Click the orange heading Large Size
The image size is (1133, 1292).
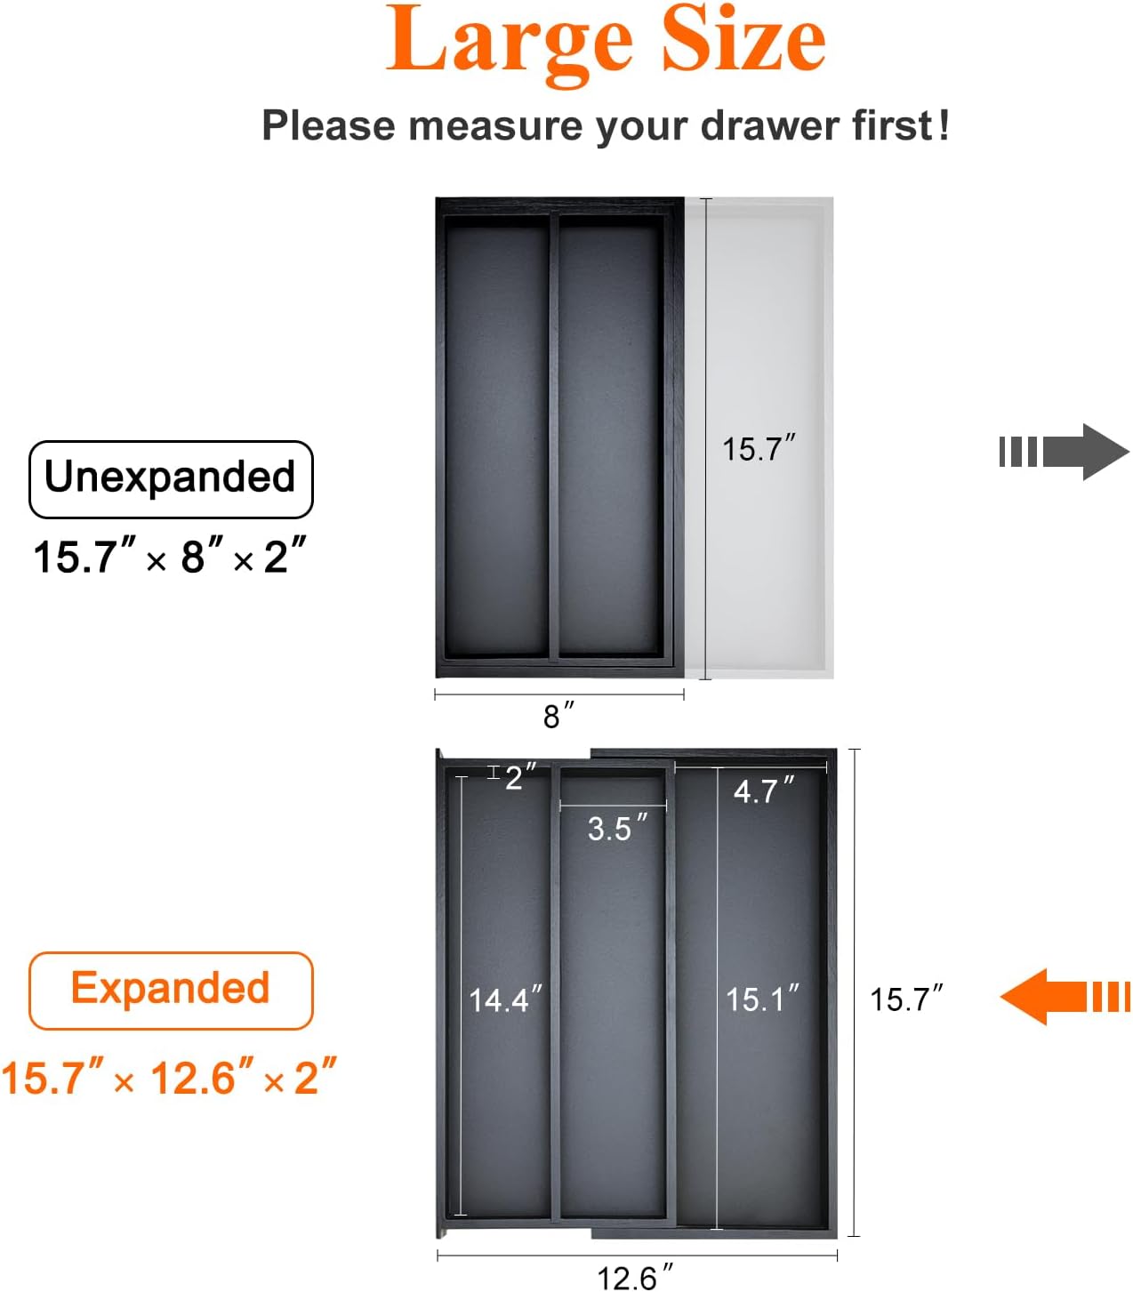click(x=606, y=44)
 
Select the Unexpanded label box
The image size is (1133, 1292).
click(x=171, y=478)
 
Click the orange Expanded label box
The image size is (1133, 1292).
click(x=171, y=991)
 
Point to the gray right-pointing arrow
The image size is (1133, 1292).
click(x=1065, y=452)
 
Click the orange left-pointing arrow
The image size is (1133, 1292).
click(x=1065, y=997)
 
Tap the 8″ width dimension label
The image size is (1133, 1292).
click(x=558, y=715)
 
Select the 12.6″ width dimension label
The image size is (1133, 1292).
click(x=635, y=1277)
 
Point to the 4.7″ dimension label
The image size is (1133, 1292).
click(x=764, y=790)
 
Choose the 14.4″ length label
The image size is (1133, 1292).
click(x=505, y=999)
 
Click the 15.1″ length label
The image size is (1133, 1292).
click(x=762, y=998)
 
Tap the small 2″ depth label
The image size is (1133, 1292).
click(x=520, y=776)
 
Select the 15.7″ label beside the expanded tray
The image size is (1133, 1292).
click(x=906, y=998)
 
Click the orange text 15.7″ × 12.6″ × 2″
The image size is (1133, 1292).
click(x=168, y=1078)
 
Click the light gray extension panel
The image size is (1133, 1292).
click(x=759, y=437)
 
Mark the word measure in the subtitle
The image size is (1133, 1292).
click(x=495, y=125)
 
